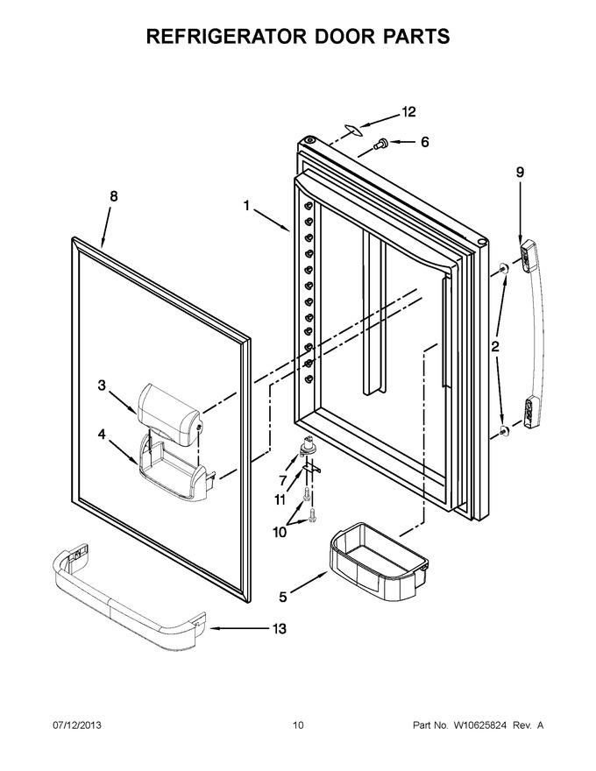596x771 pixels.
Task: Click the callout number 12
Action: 408,112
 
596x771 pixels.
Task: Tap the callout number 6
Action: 424,142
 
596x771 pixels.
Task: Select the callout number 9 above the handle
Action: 521,172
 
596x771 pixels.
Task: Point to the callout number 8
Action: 114,196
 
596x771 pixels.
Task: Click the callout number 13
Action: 280,628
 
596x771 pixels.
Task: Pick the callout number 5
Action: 283,598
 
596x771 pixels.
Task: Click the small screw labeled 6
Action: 380,144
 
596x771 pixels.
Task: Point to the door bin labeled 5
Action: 378,555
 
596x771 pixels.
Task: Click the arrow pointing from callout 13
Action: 238,628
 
